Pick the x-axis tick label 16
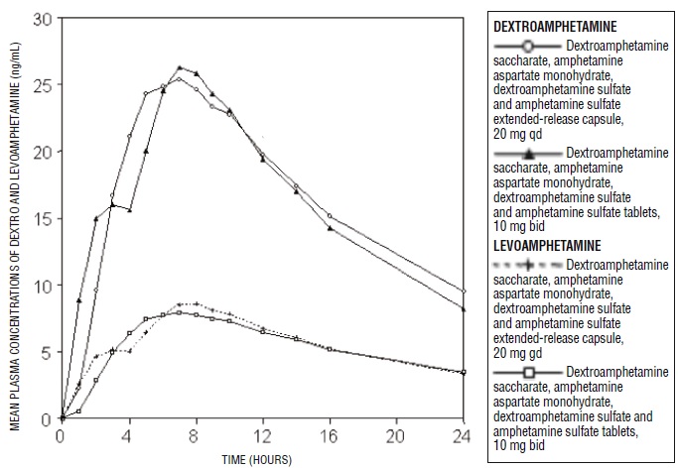tap(330, 436)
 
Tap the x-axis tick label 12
tap(262, 436)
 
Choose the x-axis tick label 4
tap(129, 436)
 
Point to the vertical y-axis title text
tap(14, 220)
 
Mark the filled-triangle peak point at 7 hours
tap(180, 68)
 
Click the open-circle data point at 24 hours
tap(465, 291)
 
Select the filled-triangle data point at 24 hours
tap(465, 308)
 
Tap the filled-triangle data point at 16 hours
tap(330, 229)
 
